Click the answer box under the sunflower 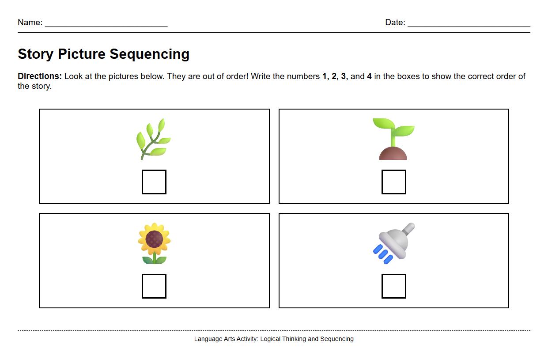154,286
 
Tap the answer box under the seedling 393,182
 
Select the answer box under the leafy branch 154,182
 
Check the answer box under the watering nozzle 393,286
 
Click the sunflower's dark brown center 154,239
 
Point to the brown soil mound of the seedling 393,154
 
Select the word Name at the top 29,23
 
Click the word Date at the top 394,23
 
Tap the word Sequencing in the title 149,54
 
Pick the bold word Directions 40,76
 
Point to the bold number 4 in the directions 369,76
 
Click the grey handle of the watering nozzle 408,229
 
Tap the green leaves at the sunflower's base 154,260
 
